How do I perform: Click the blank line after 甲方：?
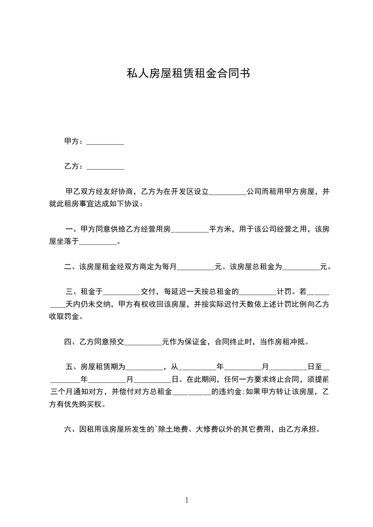click(106, 142)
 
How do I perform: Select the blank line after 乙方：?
click(106, 167)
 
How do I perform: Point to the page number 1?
click(187, 501)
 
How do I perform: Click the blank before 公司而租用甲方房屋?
click(227, 193)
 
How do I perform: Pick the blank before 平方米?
click(191, 230)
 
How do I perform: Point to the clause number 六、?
click(71, 429)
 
